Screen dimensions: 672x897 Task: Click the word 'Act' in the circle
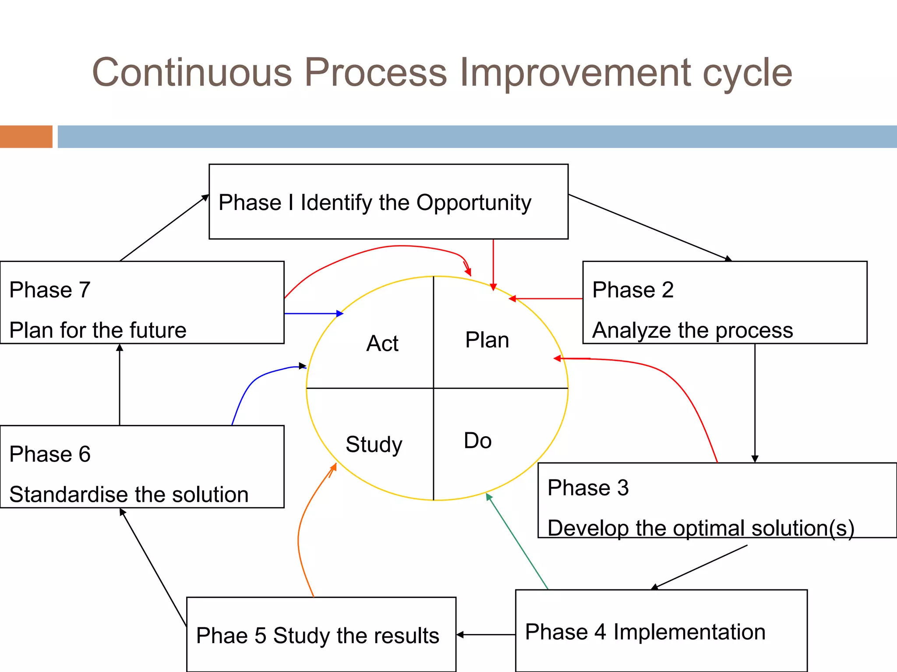382,343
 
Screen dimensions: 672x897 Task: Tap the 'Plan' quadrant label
487,340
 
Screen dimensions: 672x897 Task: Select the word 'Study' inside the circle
374,444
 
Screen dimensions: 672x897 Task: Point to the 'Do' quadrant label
477,441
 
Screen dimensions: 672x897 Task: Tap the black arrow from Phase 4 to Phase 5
486,634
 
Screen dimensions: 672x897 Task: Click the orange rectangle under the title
26,136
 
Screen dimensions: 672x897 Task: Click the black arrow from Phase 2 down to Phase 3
755,402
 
